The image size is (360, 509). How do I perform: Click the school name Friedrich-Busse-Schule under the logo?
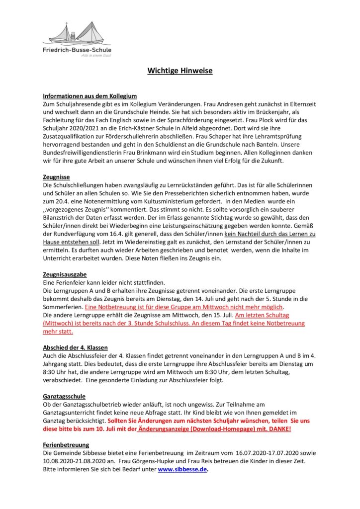click(77, 50)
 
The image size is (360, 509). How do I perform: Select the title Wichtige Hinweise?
click(180, 71)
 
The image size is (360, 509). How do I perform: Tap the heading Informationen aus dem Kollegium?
click(90, 95)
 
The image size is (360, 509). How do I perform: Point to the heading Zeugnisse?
click(56, 176)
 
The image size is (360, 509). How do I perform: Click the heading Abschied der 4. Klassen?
click(75, 347)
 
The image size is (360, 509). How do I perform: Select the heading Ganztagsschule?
click(65, 396)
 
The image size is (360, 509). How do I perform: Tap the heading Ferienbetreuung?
click(66, 445)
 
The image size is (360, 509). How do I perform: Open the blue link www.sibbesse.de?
click(182, 469)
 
